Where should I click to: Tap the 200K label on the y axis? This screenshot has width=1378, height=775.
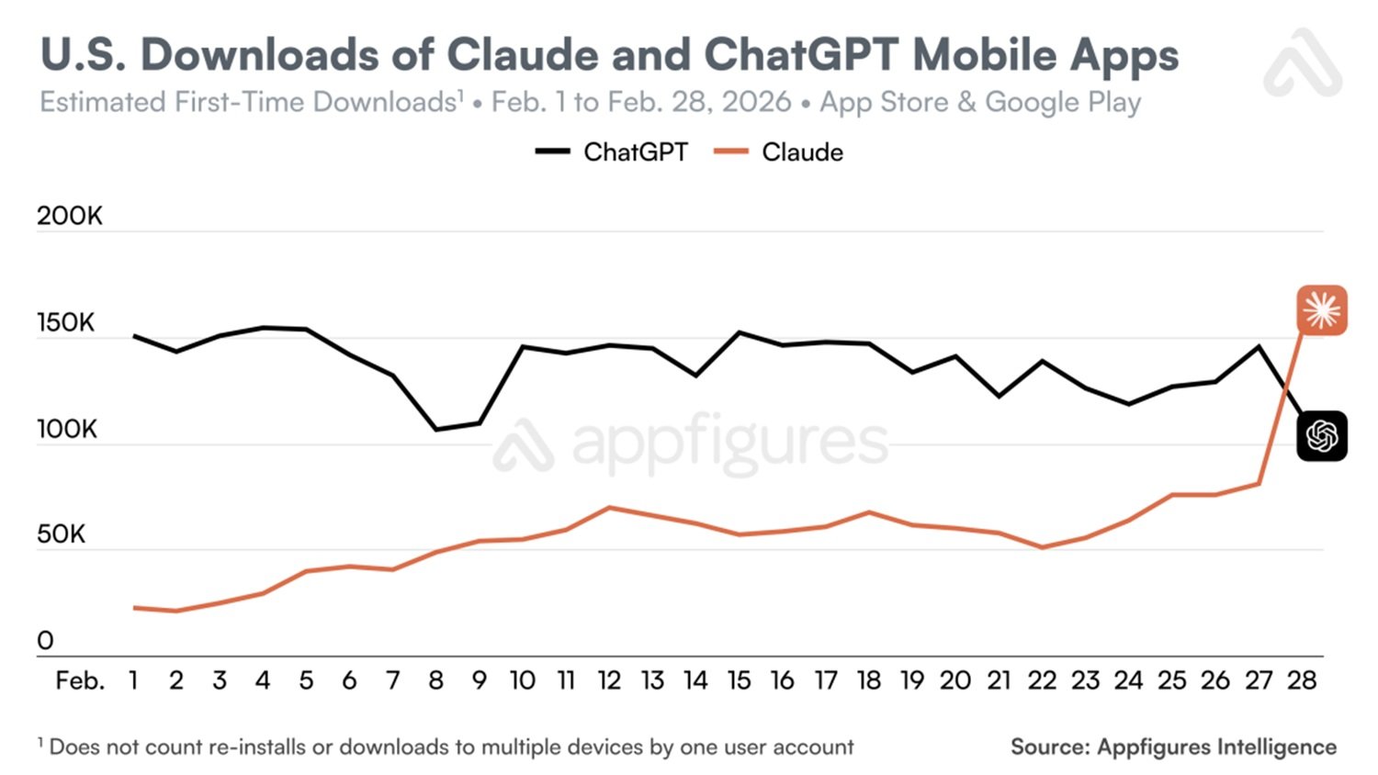click(x=70, y=216)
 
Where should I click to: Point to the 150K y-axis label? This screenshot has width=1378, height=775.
click(x=66, y=323)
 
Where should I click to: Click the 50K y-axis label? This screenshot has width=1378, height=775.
click(x=61, y=534)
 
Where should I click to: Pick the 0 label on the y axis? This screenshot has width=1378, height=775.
click(x=45, y=641)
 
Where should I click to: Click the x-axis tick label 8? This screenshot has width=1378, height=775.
click(x=435, y=680)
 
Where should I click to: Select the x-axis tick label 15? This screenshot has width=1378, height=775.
click(x=739, y=680)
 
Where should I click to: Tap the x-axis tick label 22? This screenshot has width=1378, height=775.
click(x=1042, y=680)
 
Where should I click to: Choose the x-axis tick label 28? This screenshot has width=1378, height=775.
click(x=1301, y=680)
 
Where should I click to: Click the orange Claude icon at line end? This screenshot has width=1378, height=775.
click(x=1321, y=310)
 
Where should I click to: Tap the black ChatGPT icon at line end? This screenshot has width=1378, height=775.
click(x=1321, y=436)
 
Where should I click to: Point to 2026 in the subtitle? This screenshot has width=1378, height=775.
click(x=756, y=102)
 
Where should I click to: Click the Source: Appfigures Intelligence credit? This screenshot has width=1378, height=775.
click(x=1173, y=747)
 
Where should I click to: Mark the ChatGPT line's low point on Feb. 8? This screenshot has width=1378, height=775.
click(x=436, y=429)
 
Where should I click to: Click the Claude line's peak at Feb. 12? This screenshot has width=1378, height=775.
click(x=609, y=507)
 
